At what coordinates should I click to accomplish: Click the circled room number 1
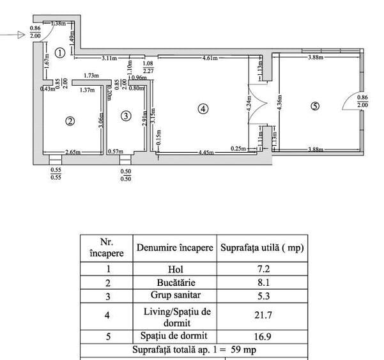coord(59,53)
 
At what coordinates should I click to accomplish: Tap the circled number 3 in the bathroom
coord(126,116)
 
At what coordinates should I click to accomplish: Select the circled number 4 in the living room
coord(203,109)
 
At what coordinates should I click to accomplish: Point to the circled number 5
coord(314,106)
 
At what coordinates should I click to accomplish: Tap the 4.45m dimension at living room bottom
coord(204,152)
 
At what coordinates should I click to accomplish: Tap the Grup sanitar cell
coord(174,297)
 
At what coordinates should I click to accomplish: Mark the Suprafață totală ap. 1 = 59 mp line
coord(194,350)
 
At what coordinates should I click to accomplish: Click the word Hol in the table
coord(174,270)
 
